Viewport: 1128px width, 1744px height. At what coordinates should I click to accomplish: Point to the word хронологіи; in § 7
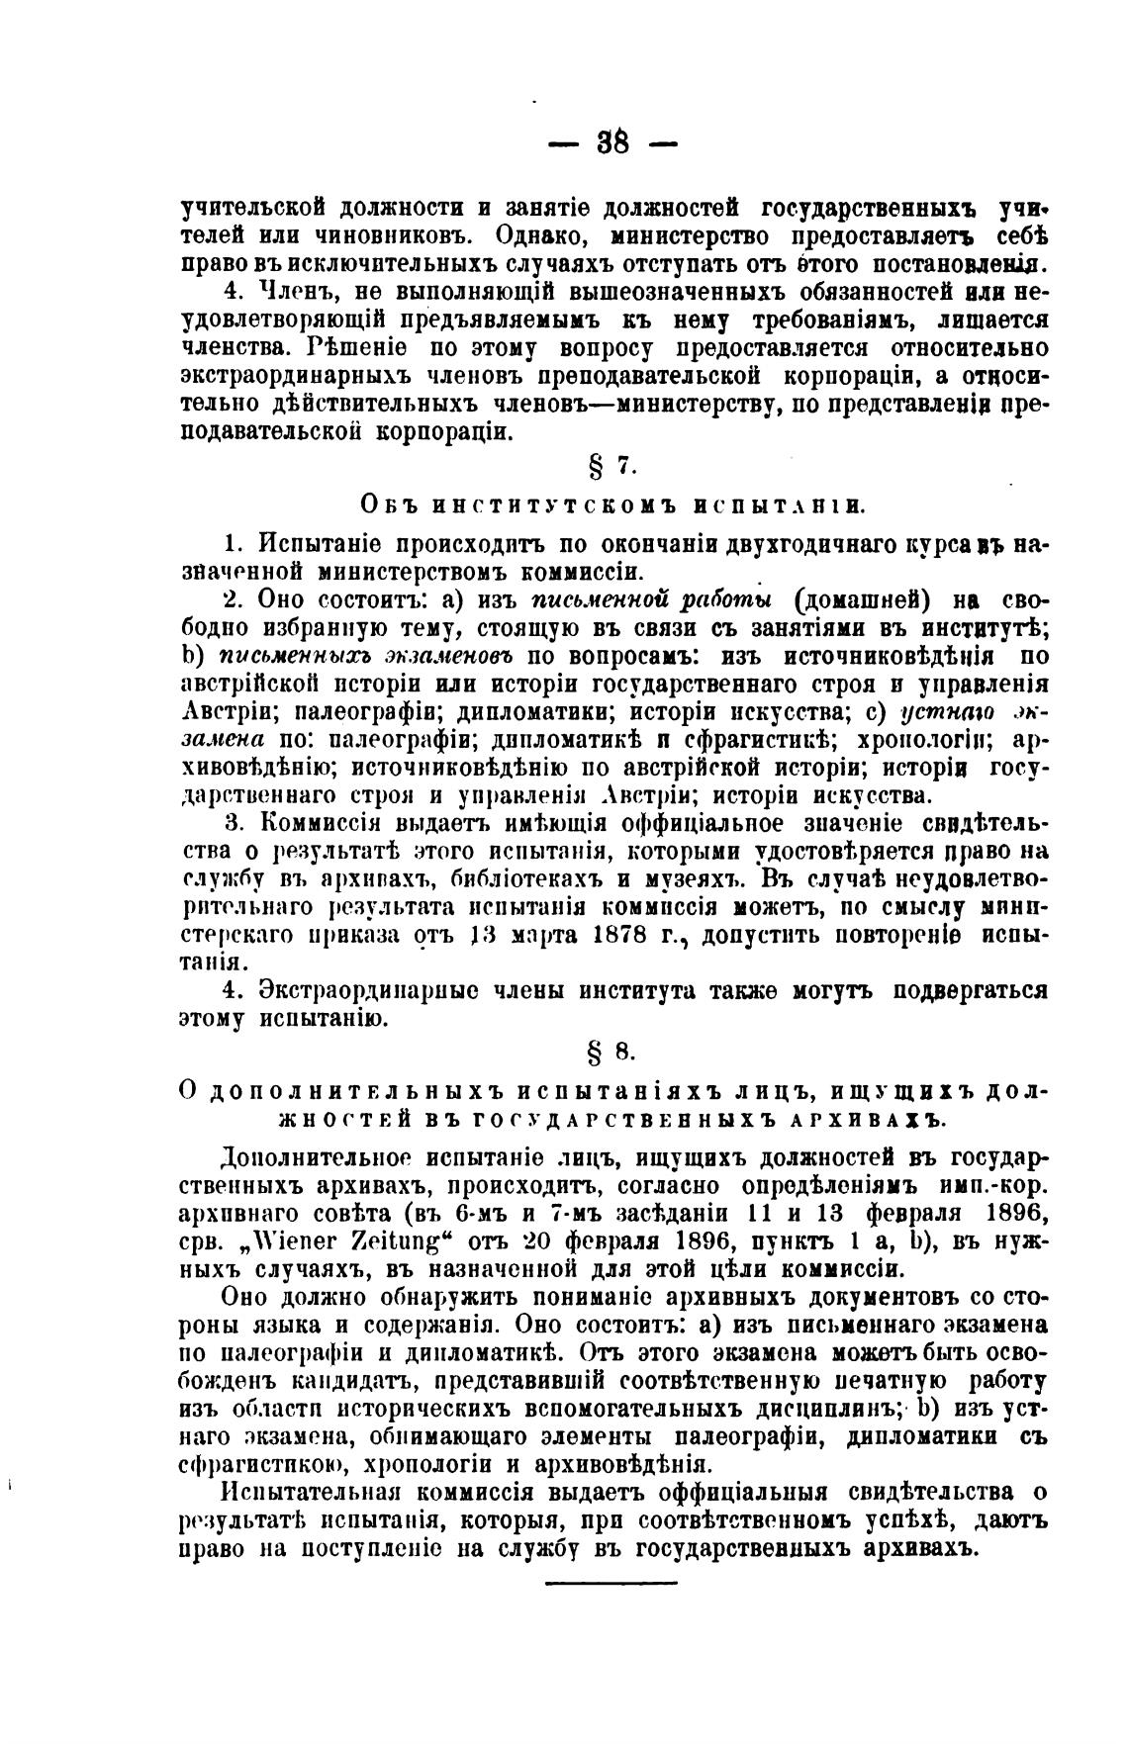click(919, 739)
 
